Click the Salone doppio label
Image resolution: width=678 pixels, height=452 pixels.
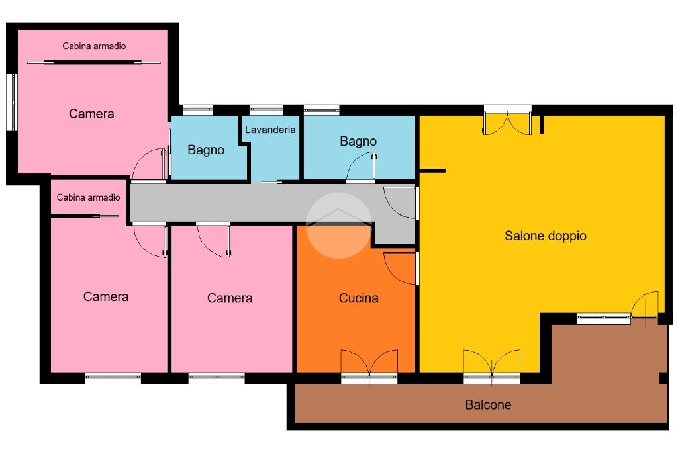tap(546, 236)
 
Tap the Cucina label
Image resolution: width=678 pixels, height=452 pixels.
tap(358, 298)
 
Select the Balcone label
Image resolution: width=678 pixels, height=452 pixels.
tap(488, 405)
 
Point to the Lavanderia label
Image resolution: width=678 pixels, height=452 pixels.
tap(270, 130)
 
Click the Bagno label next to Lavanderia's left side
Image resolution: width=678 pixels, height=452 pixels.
tap(206, 150)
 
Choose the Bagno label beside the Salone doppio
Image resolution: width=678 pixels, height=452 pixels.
tap(358, 142)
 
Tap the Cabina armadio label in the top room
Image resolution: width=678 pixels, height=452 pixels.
tap(94, 46)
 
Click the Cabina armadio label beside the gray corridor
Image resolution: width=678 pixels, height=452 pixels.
tap(88, 197)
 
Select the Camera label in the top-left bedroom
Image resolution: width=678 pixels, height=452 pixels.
tap(91, 114)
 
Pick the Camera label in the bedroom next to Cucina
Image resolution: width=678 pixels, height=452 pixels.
tap(230, 298)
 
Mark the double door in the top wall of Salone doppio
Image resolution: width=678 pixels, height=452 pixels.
tap(507, 120)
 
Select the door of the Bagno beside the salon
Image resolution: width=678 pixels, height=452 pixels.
tap(361, 167)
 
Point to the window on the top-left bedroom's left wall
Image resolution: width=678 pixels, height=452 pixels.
tap(13, 103)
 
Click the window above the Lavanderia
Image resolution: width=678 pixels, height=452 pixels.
tap(266, 109)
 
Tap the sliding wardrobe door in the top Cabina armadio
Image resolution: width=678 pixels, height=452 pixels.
tap(94, 63)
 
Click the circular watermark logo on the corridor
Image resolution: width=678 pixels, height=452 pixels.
tap(338, 226)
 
